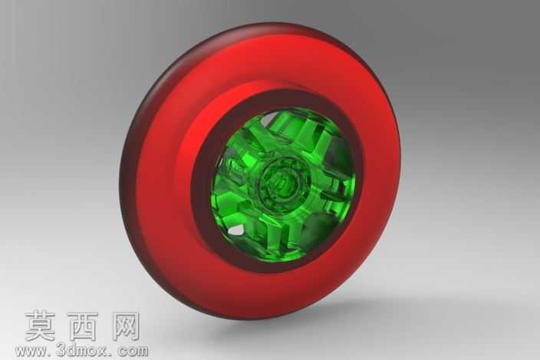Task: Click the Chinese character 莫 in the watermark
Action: [41, 326]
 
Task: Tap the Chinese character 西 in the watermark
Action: [83, 326]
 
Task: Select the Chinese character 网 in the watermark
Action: [126, 326]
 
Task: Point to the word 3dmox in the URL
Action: [81, 351]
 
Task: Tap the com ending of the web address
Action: [133, 352]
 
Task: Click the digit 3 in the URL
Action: [60, 351]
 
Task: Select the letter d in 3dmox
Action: [70, 351]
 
